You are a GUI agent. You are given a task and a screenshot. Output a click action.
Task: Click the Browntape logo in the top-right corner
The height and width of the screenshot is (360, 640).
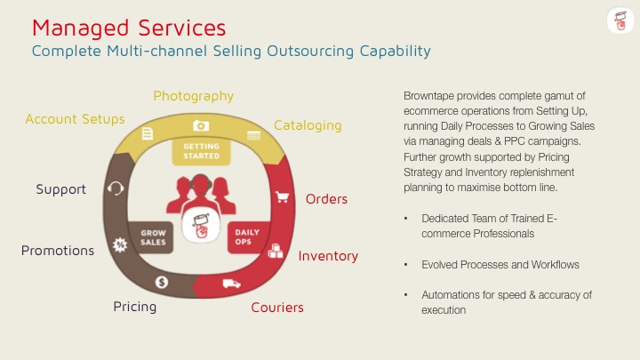tap(619, 22)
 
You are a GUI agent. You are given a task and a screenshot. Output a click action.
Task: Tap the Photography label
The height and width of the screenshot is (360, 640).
tap(193, 96)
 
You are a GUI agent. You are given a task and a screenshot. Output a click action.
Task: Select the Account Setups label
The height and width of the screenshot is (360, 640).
tap(75, 119)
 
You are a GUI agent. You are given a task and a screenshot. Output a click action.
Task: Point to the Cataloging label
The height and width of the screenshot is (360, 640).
tap(308, 125)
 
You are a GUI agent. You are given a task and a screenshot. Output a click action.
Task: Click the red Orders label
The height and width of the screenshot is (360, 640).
tap(326, 198)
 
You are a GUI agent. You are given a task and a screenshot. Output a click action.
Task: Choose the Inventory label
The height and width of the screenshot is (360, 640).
tap(328, 256)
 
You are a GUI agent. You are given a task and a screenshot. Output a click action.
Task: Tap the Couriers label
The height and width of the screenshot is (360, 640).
tap(277, 308)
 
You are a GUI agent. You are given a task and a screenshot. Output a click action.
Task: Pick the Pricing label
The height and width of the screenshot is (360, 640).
tap(135, 307)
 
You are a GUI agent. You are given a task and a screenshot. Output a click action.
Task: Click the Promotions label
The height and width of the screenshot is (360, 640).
tap(58, 251)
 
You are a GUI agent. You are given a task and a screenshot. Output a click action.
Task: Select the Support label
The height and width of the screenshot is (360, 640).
tap(60, 189)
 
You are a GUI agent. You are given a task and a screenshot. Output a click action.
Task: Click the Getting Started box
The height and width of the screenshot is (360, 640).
tap(202, 151)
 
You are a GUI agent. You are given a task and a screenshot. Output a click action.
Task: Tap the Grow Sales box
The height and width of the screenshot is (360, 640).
tap(153, 238)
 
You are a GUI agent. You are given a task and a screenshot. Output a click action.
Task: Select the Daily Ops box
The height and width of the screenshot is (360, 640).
tap(247, 238)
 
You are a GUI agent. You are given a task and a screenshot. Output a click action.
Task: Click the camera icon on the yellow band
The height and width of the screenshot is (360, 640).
tap(201, 126)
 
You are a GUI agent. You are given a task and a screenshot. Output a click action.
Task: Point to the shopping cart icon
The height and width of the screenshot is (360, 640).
tap(283, 196)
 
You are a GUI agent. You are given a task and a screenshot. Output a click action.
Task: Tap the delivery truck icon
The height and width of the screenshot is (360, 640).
tap(231, 284)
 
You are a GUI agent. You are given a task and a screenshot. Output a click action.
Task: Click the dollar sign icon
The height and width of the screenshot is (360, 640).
tap(162, 283)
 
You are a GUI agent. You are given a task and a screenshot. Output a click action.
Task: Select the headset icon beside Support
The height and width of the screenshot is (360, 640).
tap(115, 188)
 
